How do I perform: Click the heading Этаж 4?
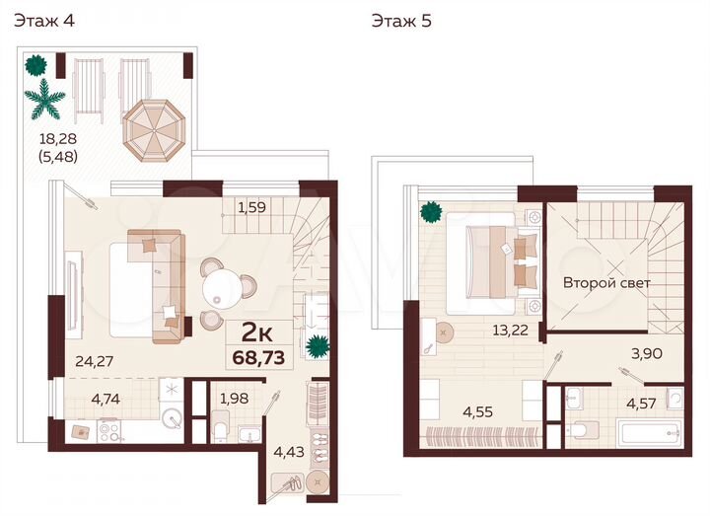click(43, 21)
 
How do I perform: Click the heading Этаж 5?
click(400, 21)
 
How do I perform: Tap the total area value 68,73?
click(257, 357)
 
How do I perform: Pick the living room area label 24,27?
click(95, 360)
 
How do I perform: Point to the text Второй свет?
click(607, 282)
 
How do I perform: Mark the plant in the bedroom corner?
click(430, 212)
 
